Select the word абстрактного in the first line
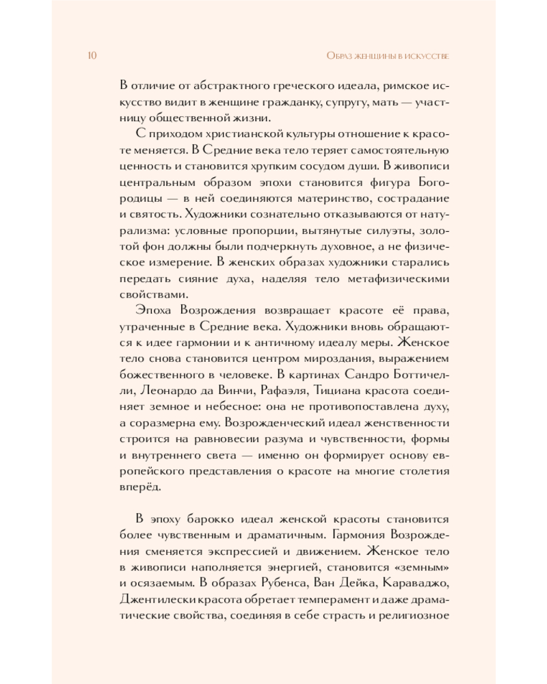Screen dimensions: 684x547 click(x=213, y=85)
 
